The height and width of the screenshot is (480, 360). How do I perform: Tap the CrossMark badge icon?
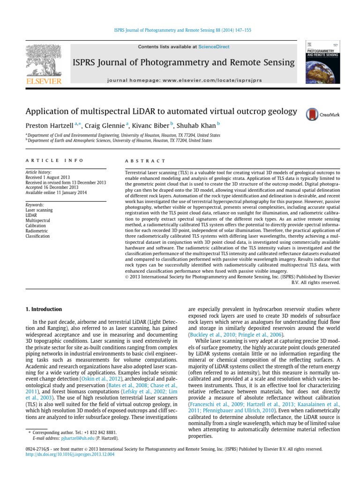(x=311, y=114)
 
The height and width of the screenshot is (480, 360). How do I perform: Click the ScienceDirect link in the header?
(x=211, y=47)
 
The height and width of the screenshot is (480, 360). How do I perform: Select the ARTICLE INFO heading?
(x=54, y=160)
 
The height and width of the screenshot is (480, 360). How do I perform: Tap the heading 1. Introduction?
(x=43, y=309)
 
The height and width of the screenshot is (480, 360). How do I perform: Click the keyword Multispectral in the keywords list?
(x=37, y=219)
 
